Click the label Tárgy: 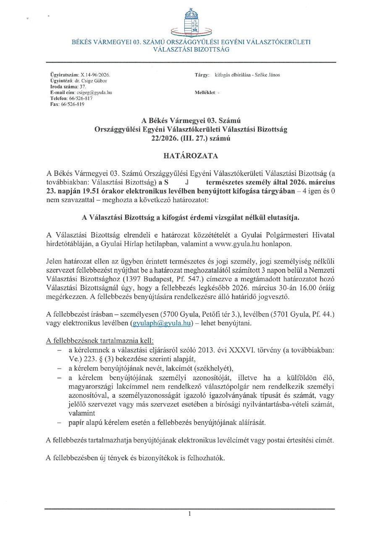tap(202, 74)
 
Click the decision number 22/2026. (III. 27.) tap(181, 138)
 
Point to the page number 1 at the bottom tap(190, 514)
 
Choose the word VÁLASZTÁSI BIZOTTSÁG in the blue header tap(191, 50)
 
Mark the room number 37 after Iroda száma tap(83, 86)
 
